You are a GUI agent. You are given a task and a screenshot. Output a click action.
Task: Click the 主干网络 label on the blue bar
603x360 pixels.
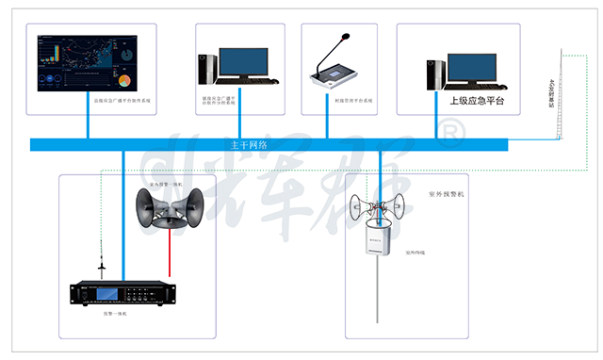[x=249, y=145]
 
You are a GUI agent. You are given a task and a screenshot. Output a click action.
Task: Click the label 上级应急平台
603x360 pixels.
[x=476, y=100]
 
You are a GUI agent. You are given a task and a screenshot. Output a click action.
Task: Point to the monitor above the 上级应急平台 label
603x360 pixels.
[x=471, y=67]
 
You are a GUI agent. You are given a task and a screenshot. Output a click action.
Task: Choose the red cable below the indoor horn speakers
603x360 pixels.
[x=170, y=251]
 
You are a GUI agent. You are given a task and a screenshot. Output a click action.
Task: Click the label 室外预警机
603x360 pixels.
[x=447, y=193]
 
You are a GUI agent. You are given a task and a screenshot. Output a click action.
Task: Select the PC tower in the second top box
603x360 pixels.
[x=207, y=70]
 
